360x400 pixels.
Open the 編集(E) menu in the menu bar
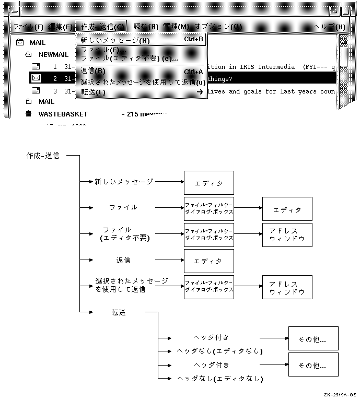[x=61, y=27]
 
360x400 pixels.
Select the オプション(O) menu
[x=217, y=27]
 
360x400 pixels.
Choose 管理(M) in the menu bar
[x=176, y=27]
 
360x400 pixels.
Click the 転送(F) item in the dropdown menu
[x=94, y=92]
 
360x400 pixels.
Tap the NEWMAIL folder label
[x=53, y=55]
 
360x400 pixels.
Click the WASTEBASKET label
[x=63, y=114]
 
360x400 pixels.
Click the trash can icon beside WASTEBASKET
[x=28, y=114]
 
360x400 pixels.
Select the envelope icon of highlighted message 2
[x=36, y=78]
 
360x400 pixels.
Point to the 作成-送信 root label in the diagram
[x=43, y=156]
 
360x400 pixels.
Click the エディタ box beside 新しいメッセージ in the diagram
[x=208, y=183]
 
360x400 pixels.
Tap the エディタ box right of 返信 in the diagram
[x=208, y=261]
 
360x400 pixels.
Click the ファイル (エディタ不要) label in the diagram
[x=124, y=234]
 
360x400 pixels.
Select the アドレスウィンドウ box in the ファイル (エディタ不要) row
[x=287, y=235]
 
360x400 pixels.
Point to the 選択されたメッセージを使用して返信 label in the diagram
[x=132, y=285]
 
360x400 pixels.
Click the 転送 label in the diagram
[x=119, y=312]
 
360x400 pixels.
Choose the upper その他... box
[x=312, y=338]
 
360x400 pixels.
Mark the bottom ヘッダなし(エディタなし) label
[x=219, y=379]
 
